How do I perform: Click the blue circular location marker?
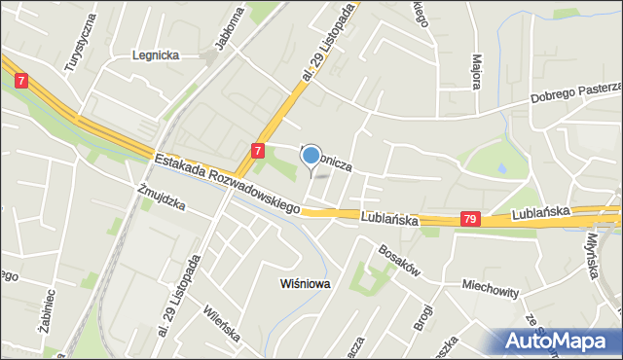pyautogui.click(x=311, y=155)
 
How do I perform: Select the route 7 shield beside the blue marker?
pyautogui.click(x=257, y=151)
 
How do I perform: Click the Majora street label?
pyautogui.click(x=477, y=71)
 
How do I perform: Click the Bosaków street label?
pyautogui.click(x=399, y=257)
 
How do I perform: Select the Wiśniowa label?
pyautogui.click(x=305, y=284)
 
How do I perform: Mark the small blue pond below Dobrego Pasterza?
pyautogui.click(x=501, y=168)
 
